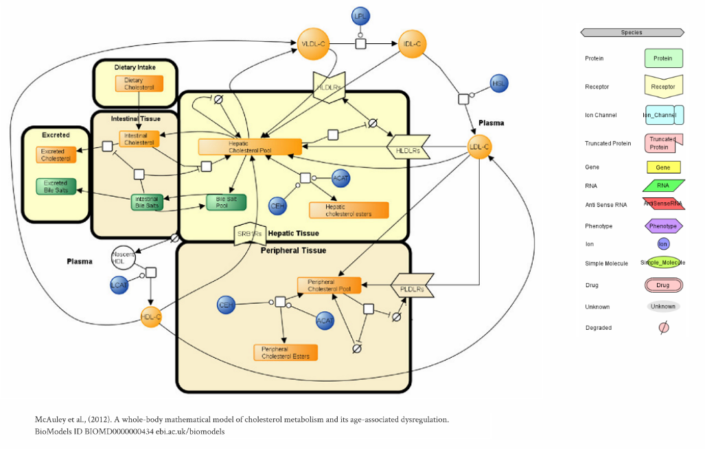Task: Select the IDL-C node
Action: point(413,45)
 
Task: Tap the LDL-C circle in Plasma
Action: point(480,147)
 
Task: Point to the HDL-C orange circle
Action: point(151,317)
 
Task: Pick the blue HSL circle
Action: point(500,84)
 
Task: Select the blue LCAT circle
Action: point(120,284)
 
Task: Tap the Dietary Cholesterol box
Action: point(139,84)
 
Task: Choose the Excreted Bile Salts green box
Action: point(56,186)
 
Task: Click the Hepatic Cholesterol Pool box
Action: point(250,147)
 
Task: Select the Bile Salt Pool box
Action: point(226,202)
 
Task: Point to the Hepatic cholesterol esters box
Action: point(349,210)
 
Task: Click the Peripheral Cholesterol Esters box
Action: point(286,352)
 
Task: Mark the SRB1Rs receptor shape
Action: point(250,234)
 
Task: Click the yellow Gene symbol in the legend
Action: point(663,167)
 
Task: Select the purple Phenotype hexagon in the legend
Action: point(663,226)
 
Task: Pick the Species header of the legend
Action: point(632,32)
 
